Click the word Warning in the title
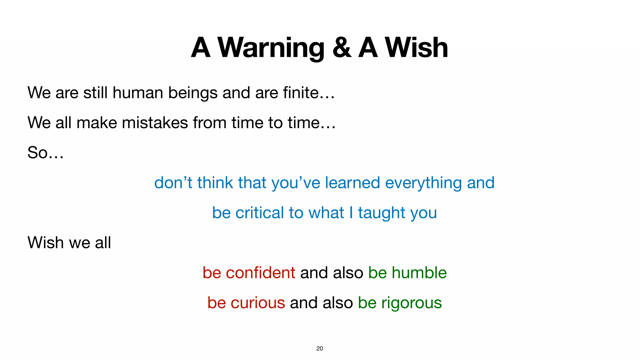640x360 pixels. [x=271, y=48]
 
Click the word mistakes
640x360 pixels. [x=155, y=123]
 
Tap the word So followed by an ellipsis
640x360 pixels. [x=46, y=153]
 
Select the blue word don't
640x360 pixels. [x=173, y=183]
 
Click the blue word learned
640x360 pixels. [x=352, y=183]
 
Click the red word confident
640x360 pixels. [x=261, y=273]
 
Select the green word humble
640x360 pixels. [x=419, y=273]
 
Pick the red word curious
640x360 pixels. [x=258, y=303]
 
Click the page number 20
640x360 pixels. [x=320, y=348]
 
